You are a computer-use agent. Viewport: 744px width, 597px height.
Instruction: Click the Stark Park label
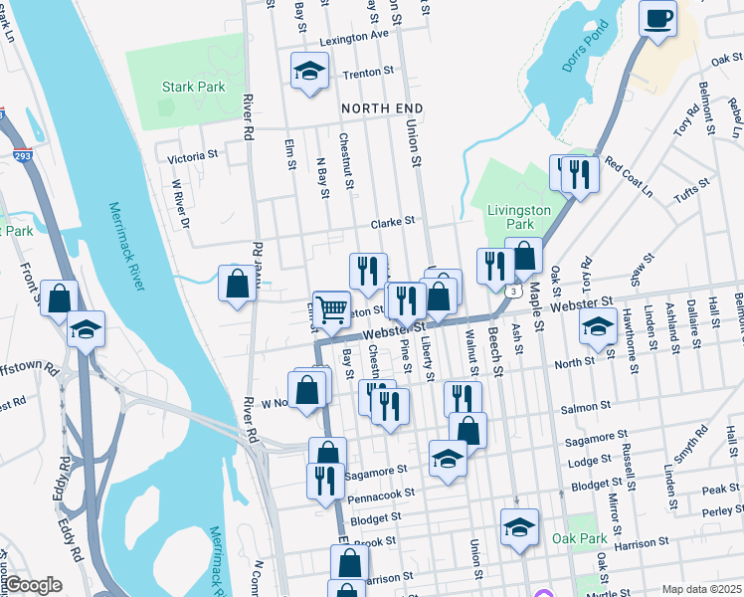click(193, 87)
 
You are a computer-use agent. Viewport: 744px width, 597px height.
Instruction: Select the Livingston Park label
click(518, 217)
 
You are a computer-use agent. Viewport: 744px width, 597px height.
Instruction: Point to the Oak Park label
click(579, 538)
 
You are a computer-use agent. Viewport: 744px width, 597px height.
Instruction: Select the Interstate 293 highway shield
click(21, 156)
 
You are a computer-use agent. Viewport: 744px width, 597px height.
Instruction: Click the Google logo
click(33, 585)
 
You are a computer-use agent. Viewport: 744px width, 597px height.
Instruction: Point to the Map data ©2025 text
click(701, 589)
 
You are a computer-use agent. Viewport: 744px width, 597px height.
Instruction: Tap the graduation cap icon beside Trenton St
click(308, 71)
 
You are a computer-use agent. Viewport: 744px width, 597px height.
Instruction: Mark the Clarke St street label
click(392, 224)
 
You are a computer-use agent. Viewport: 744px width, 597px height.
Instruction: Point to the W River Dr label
click(180, 202)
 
